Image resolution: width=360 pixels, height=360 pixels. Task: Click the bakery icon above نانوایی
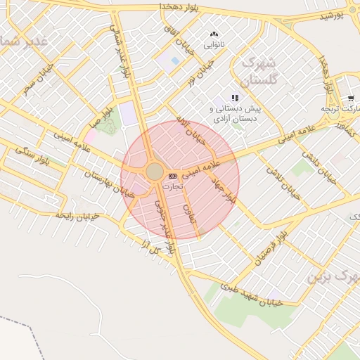(214, 34)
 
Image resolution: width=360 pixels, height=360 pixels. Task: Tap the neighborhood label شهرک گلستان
(259, 70)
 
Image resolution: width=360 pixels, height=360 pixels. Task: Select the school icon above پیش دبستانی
(235, 98)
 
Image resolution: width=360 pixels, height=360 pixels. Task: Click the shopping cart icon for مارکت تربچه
(350, 98)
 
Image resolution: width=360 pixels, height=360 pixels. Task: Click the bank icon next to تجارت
(173, 175)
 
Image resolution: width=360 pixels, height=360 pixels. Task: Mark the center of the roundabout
(155, 172)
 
